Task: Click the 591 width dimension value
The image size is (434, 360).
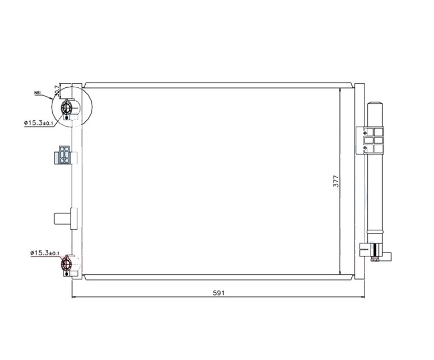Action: [219, 293]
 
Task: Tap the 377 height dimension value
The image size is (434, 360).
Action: [336, 181]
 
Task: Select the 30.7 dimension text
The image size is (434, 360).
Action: [57, 91]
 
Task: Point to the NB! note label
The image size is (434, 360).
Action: [38, 93]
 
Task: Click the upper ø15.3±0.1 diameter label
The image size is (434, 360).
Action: [38, 123]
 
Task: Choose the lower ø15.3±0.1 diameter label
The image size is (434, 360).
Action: [44, 253]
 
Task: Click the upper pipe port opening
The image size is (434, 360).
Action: [67, 107]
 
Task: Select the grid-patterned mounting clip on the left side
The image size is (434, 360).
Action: [64, 155]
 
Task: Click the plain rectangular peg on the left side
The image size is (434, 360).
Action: [65, 219]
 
